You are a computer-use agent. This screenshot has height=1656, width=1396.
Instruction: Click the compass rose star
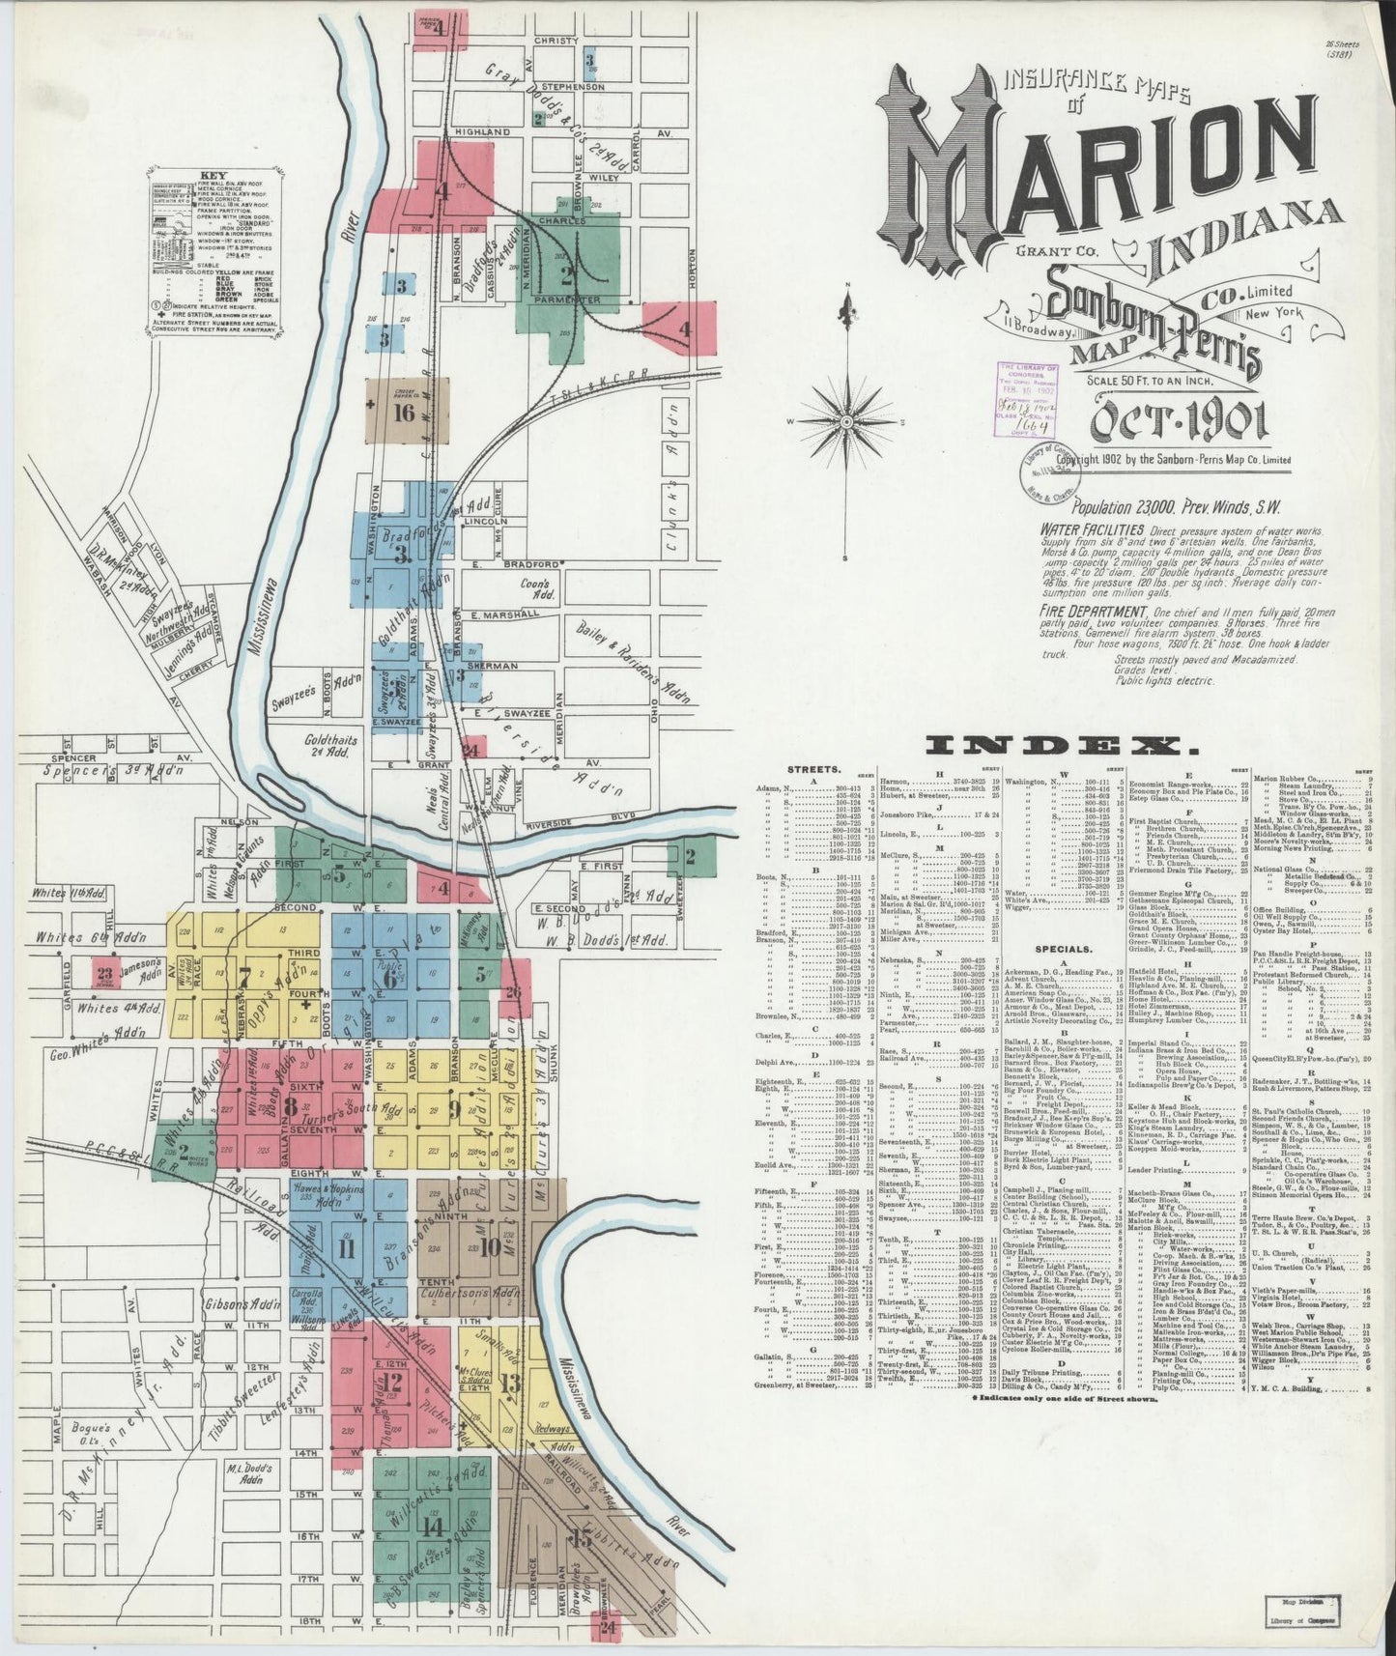click(847, 422)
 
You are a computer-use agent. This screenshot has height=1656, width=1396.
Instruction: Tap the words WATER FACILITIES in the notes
click(1093, 530)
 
